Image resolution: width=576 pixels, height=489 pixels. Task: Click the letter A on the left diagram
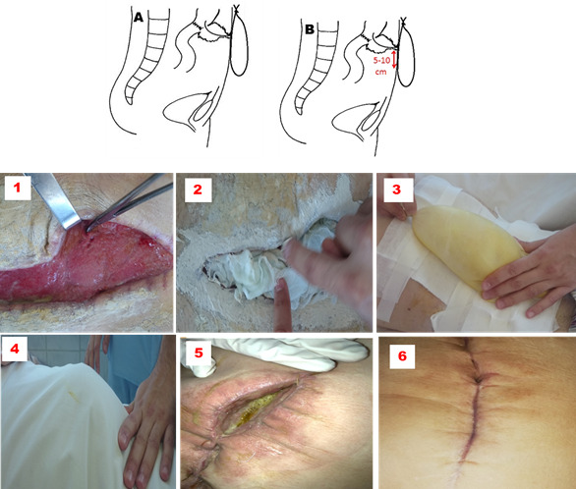click(x=139, y=17)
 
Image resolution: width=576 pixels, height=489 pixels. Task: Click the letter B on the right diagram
click(x=310, y=29)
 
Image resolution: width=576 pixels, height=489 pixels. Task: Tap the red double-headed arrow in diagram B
click(x=394, y=60)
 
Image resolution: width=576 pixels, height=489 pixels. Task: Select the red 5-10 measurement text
click(x=381, y=61)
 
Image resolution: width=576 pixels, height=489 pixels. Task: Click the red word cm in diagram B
click(x=380, y=72)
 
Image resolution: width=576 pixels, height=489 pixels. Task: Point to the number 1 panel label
click(x=17, y=188)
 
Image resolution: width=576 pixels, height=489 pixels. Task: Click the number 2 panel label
click(x=198, y=190)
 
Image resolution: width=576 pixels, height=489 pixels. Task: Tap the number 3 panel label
click(x=396, y=190)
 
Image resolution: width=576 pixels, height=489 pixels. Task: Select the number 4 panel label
click(x=15, y=349)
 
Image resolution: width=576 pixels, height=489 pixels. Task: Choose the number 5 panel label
click(x=199, y=353)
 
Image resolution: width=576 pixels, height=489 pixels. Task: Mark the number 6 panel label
click(x=402, y=355)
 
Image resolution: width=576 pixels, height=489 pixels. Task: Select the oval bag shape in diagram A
click(x=239, y=41)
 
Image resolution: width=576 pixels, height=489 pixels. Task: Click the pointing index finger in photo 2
click(x=282, y=304)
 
